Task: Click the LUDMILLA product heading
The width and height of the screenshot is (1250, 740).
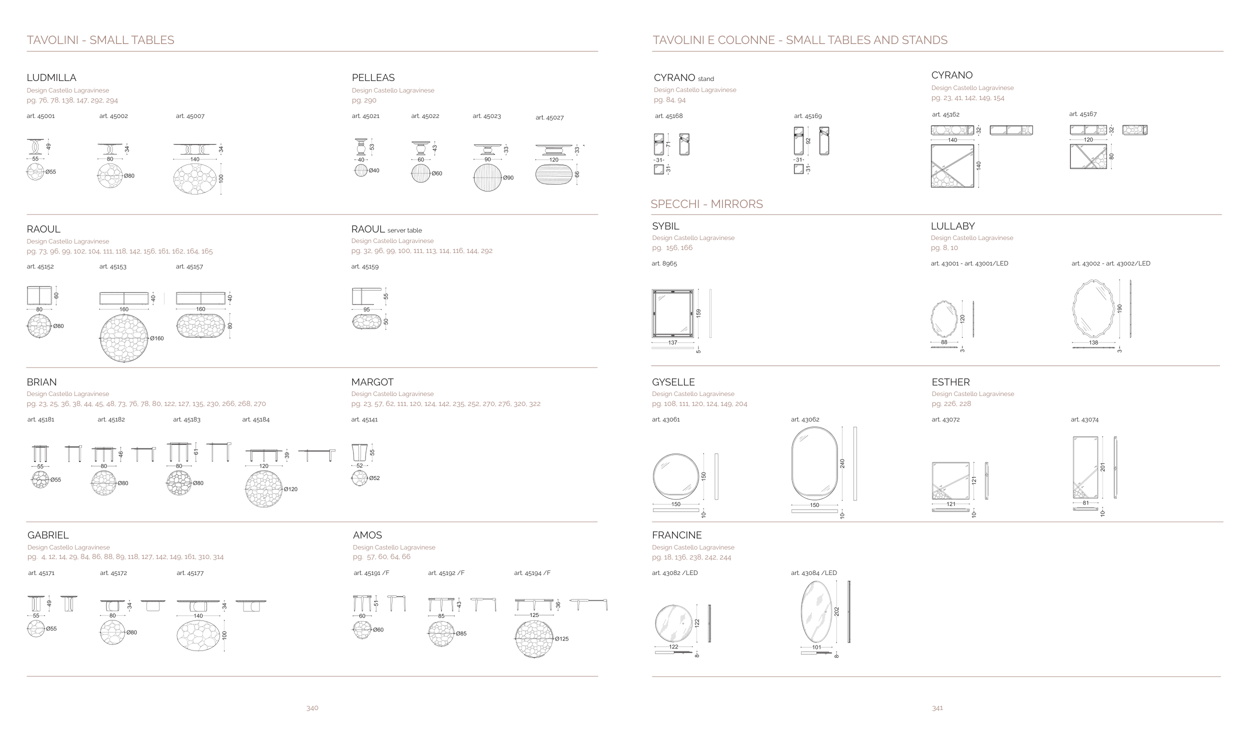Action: tap(51, 77)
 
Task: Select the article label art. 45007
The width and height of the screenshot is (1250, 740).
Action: tap(190, 116)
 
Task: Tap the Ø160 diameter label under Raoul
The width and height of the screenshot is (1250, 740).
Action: tap(156, 338)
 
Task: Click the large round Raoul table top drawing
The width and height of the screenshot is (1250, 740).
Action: tap(124, 338)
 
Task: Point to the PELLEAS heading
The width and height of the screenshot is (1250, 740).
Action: tap(373, 77)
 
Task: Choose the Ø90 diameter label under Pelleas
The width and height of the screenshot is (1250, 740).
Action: tap(508, 178)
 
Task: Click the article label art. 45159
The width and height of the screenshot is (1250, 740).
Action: tap(365, 267)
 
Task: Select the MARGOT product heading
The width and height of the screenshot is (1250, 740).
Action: tap(372, 382)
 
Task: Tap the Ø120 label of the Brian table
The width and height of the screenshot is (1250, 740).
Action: tap(290, 489)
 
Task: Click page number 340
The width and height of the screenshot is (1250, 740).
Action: tap(312, 708)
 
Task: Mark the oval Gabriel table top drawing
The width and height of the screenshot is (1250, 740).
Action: tap(198, 635)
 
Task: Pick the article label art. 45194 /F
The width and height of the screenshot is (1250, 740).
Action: tap(532, 573)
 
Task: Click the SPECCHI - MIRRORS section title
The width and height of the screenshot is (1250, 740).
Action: tap(706, 204)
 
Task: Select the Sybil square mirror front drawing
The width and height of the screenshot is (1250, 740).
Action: tap(672, 313)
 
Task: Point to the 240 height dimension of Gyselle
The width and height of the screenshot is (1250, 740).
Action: tap(842, 463)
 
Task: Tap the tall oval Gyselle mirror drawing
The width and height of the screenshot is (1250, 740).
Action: tap(814, 463)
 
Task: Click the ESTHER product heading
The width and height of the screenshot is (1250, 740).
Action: tap(950, 382)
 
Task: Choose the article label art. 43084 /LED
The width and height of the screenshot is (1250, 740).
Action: tap(813, 573)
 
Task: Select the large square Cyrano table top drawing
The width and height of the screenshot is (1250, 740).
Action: tap(952, 165)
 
